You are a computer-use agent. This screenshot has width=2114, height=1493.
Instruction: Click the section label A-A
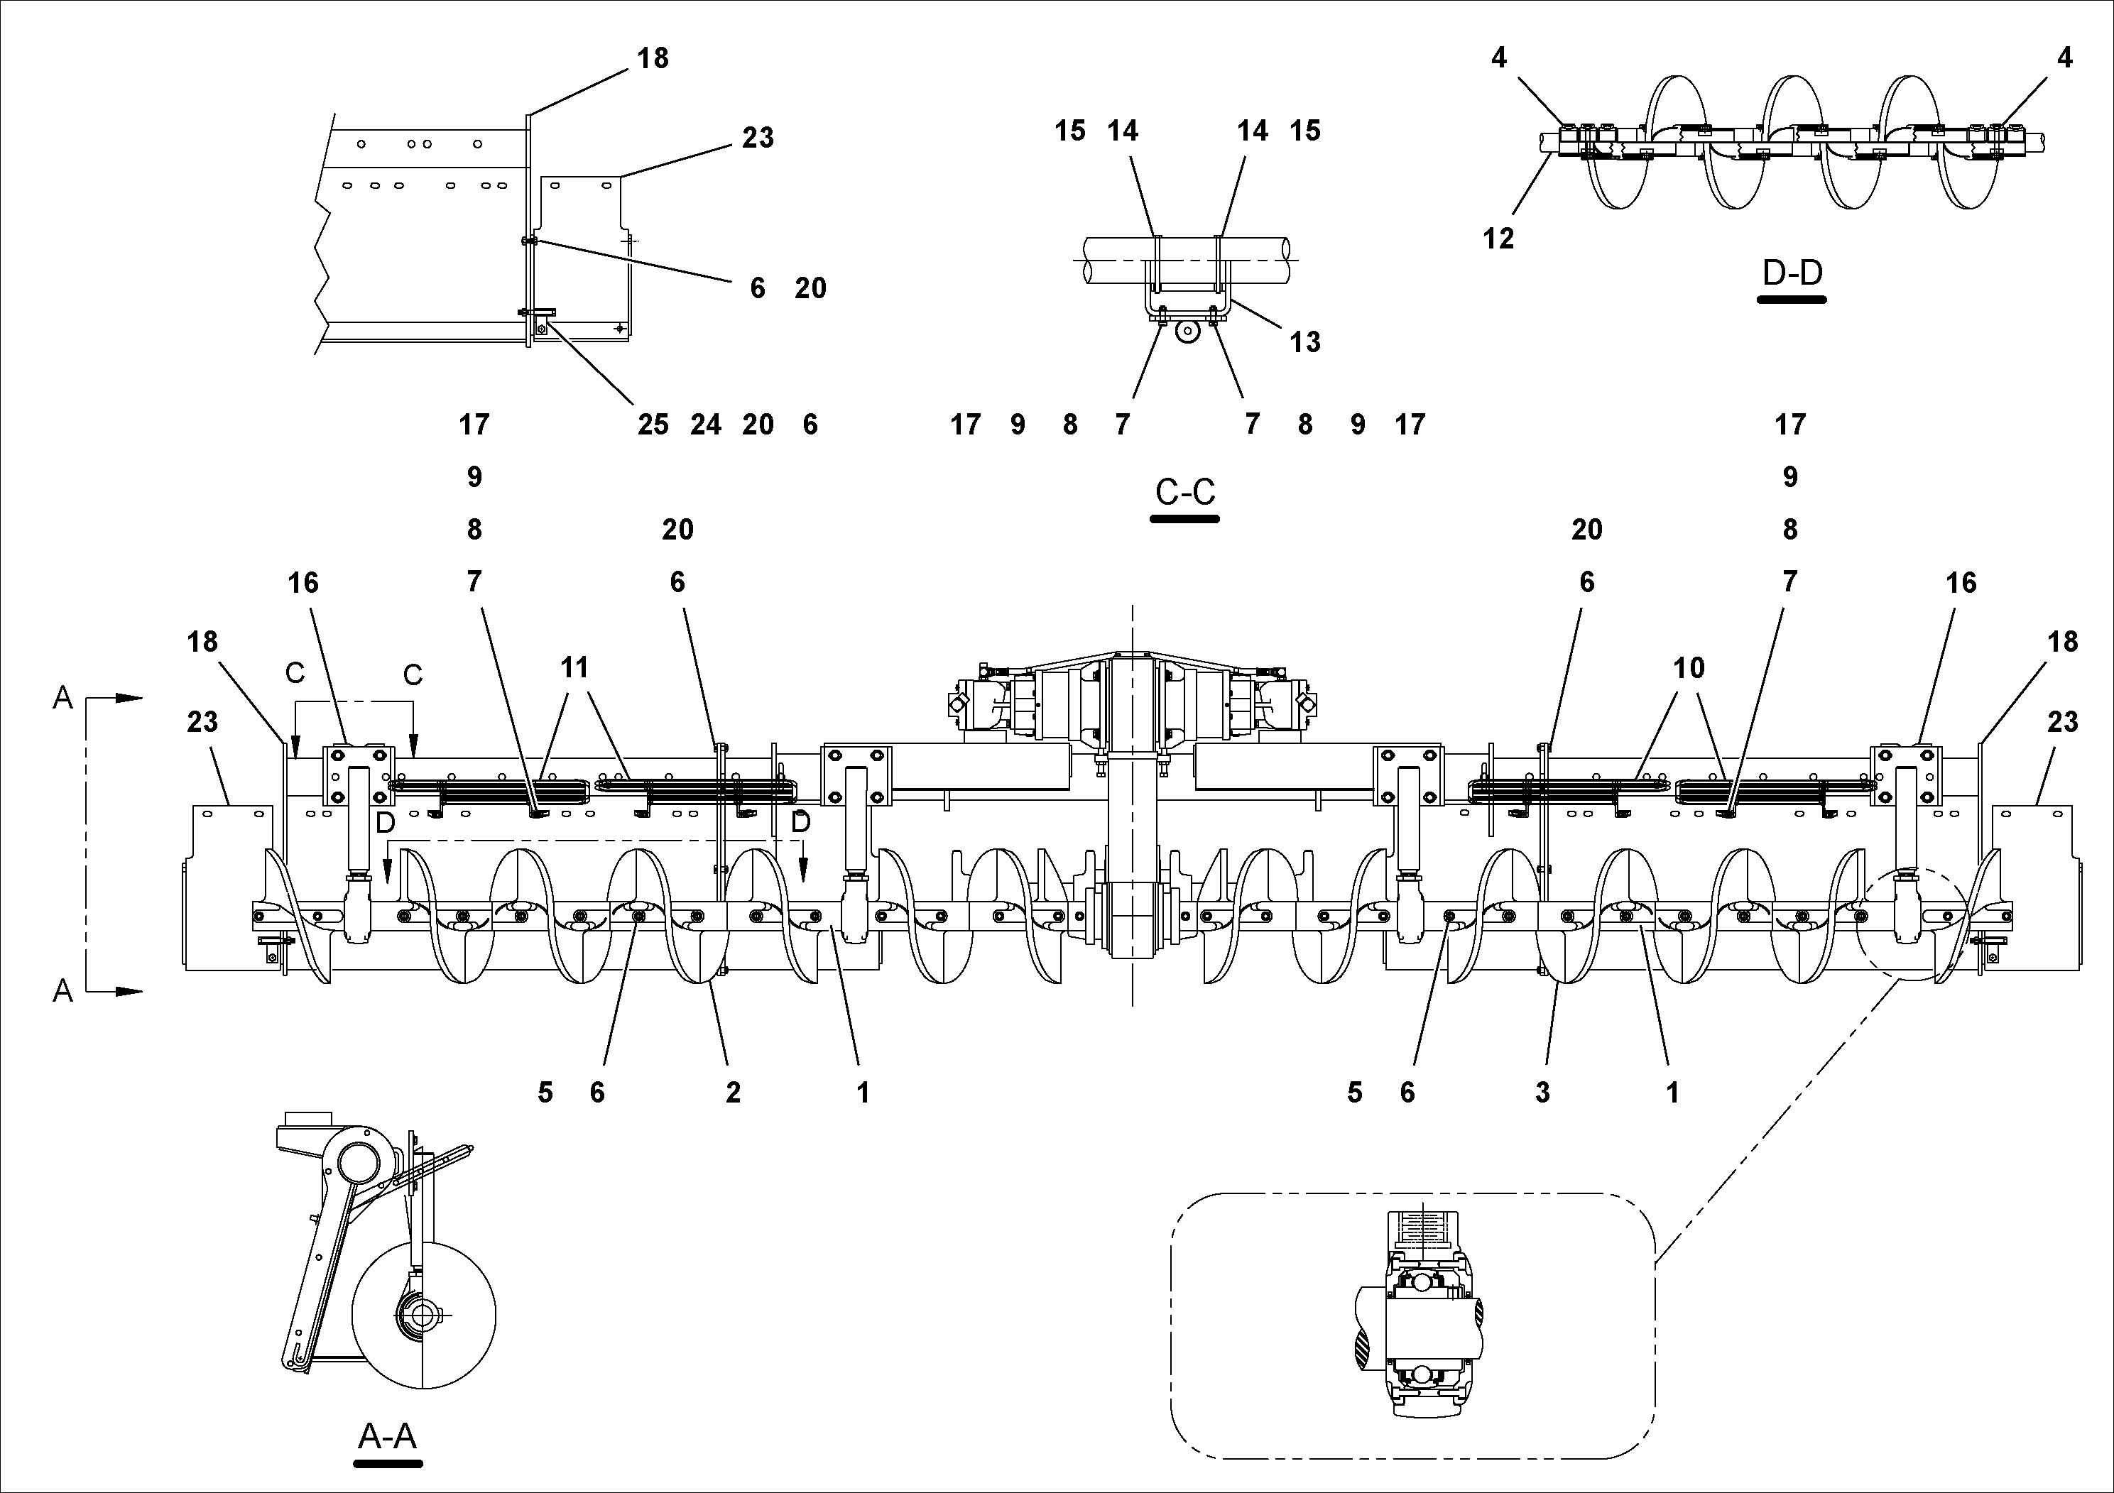[387, 1436]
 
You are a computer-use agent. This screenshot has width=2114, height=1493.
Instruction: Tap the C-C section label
[1185, 493]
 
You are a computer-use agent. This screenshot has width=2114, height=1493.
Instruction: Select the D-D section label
[1792, 273]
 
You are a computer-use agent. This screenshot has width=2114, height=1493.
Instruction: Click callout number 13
[1304, 342]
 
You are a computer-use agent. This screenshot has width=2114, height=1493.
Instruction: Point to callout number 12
[1498, 239]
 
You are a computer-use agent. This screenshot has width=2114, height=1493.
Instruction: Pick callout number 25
[653, 425]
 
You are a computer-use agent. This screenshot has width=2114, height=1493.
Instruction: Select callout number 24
[706, 425]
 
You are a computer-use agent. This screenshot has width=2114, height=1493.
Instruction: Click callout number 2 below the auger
[733, 1093]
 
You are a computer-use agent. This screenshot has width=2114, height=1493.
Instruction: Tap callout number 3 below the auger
[1542, 1093]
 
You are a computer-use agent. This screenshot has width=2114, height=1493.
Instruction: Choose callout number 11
[574, 667]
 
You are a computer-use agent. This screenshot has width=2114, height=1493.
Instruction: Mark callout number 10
[1689, 667]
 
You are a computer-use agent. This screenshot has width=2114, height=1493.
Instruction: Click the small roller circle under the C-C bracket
[1189, 332]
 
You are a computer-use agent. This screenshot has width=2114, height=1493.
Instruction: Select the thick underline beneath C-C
[1185, 519]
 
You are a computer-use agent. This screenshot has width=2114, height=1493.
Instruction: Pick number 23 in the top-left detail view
[758, 138]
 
